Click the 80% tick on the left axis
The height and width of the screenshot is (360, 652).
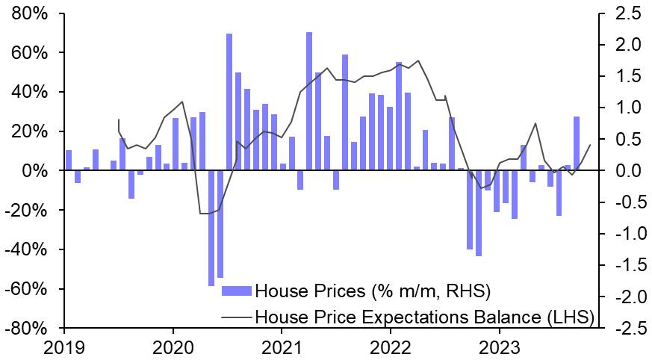click(x=29, y=13)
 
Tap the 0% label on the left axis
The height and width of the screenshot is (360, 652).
click(x=35, y=171)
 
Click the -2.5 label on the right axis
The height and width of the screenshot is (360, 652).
click(x=625, y=328)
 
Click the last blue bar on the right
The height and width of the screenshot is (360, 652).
click(x=577, y=143)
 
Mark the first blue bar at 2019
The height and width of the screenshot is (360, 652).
click(x=69, y=160)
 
